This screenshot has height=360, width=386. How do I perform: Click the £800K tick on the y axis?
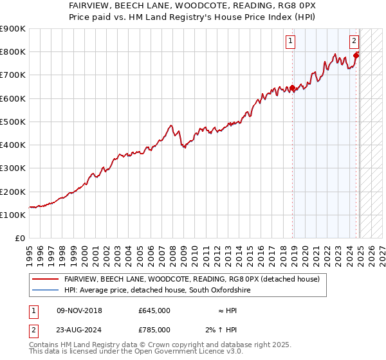13,51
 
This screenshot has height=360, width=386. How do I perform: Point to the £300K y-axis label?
13,168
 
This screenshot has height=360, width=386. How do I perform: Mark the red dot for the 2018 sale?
293,88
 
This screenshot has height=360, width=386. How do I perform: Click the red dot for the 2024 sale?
356,55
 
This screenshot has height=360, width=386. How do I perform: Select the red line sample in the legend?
45,279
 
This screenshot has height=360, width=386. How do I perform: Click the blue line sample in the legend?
45,291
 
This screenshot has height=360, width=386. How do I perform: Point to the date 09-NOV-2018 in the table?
79,310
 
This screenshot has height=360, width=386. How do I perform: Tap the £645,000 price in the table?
154,310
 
